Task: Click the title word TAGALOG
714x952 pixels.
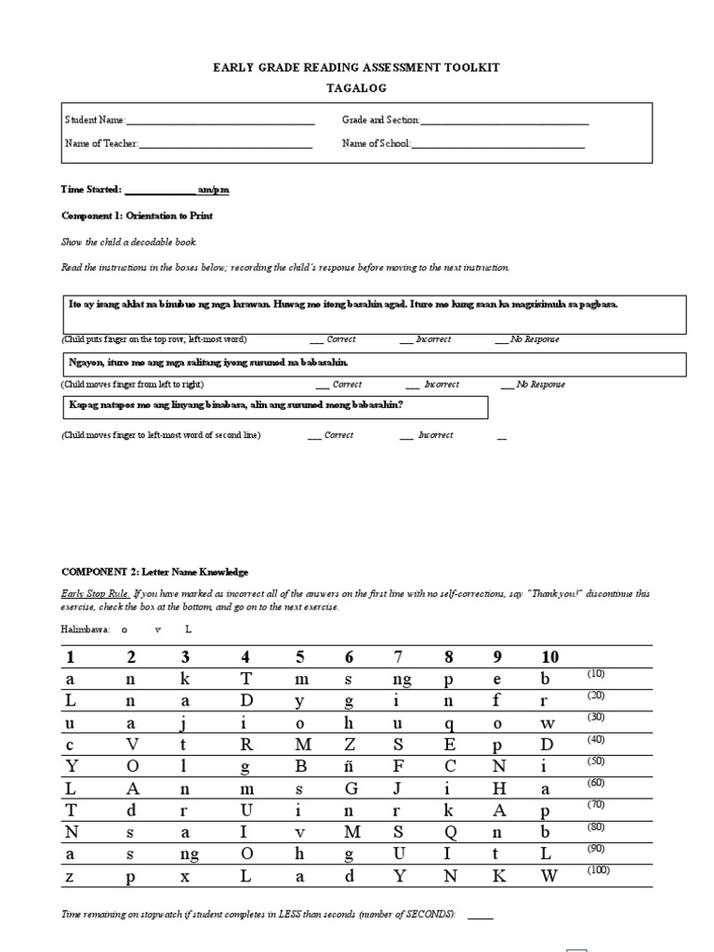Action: click(x=356, y=88)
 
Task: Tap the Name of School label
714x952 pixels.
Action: click(x=376, y=143)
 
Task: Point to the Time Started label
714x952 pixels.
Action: click(x=91, y=190)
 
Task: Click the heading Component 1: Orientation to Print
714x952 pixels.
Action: click(x=137, y=216)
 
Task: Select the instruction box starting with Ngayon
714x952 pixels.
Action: click(x=374, y=363)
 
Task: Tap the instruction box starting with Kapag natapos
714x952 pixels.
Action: click(x=277, y=406)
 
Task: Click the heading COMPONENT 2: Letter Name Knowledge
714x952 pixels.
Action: click(x=155, y=573)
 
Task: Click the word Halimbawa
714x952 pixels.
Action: click(x=85, y=629)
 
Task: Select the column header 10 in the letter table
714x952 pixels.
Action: click(x=549, y=658)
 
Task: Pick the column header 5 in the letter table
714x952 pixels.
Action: click(x=300, y=658)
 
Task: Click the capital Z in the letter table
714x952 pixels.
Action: click(x=350, y=745)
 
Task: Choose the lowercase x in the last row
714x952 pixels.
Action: click(x=186, y=876)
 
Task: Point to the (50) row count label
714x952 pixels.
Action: click(x=596, y=761)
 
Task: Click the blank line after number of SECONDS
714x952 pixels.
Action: click(x=480, y=917)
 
